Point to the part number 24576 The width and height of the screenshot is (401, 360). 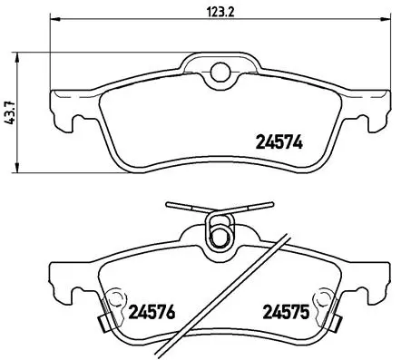[151, 317]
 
